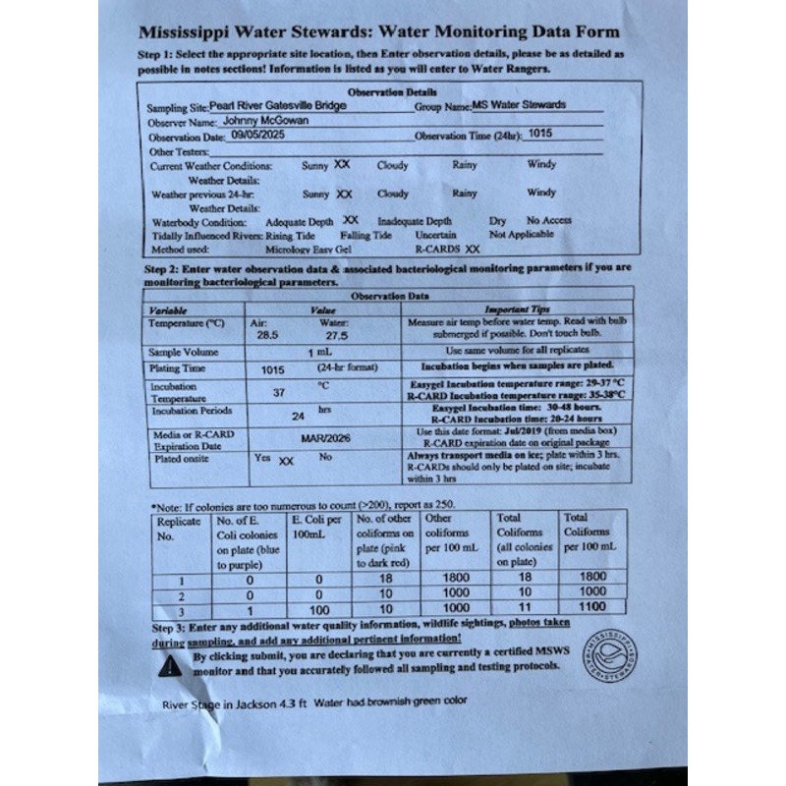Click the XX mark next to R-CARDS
click(473, 250)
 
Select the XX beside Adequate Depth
click(351, 221)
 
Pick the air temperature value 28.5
click(266, 334)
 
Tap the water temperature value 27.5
click(337, 335)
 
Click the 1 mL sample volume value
click(317, 352)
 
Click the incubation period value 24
click(299, 416)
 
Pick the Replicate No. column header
click(179, 529)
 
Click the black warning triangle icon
click(173, 665)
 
